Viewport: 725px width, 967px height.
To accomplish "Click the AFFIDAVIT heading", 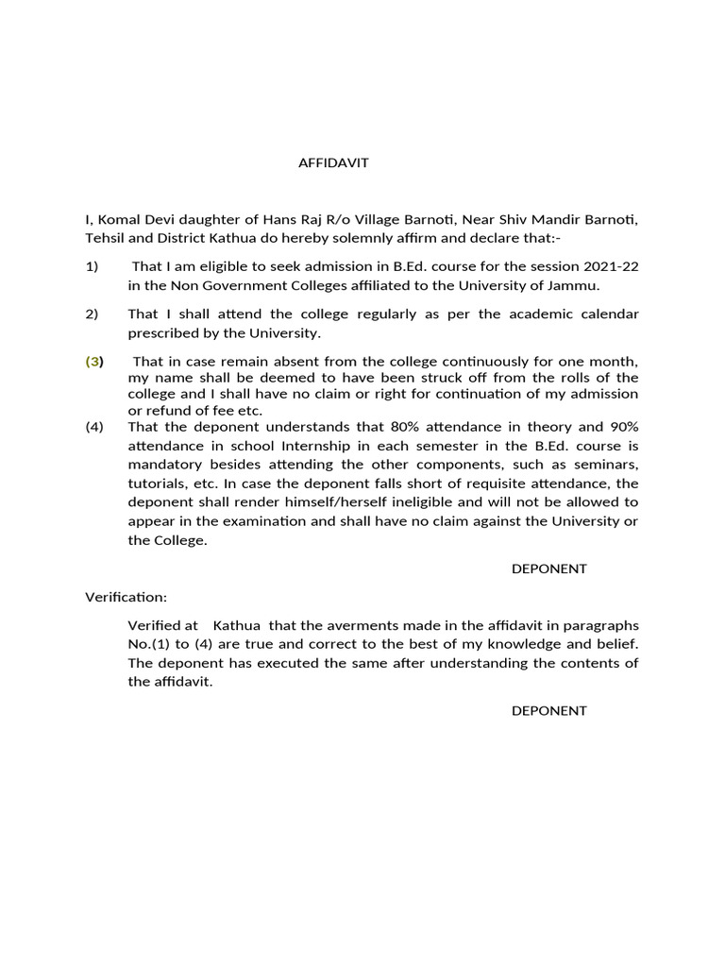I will tap(333, 162).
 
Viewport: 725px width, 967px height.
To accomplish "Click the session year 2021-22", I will tap(610, 267).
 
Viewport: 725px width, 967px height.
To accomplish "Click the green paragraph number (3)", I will tap(94, 362).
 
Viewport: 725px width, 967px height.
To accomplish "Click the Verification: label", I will tap(126, 598).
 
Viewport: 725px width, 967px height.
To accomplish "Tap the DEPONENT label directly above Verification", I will tap(549, 568).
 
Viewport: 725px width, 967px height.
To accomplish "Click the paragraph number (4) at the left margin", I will tap(94, 426).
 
